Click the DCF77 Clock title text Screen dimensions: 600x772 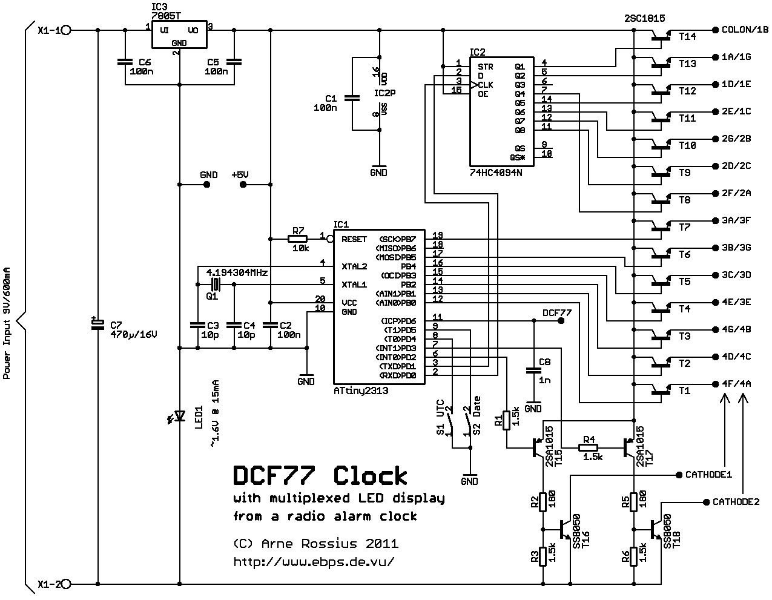click(320, 476)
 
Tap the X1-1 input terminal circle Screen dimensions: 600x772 click(67, 30)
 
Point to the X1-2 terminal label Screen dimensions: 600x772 click(48, 584)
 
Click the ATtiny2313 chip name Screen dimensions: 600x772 click(361, 391)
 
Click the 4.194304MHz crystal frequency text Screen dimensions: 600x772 click(237, 272)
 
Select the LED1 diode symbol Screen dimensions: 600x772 click(179, 416)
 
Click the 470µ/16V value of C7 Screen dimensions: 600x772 click(133, 334)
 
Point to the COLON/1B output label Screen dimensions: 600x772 click(744, 29)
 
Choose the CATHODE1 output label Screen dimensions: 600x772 click(708, 474)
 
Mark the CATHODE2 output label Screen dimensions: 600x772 click(736, 502)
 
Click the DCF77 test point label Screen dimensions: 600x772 click(556, 312)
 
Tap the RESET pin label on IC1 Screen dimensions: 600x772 click(354, 239)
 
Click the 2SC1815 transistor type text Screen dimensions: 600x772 click(644, 19)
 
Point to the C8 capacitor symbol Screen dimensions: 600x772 click(533, 369)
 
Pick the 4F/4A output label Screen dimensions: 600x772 click(736, 383)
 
